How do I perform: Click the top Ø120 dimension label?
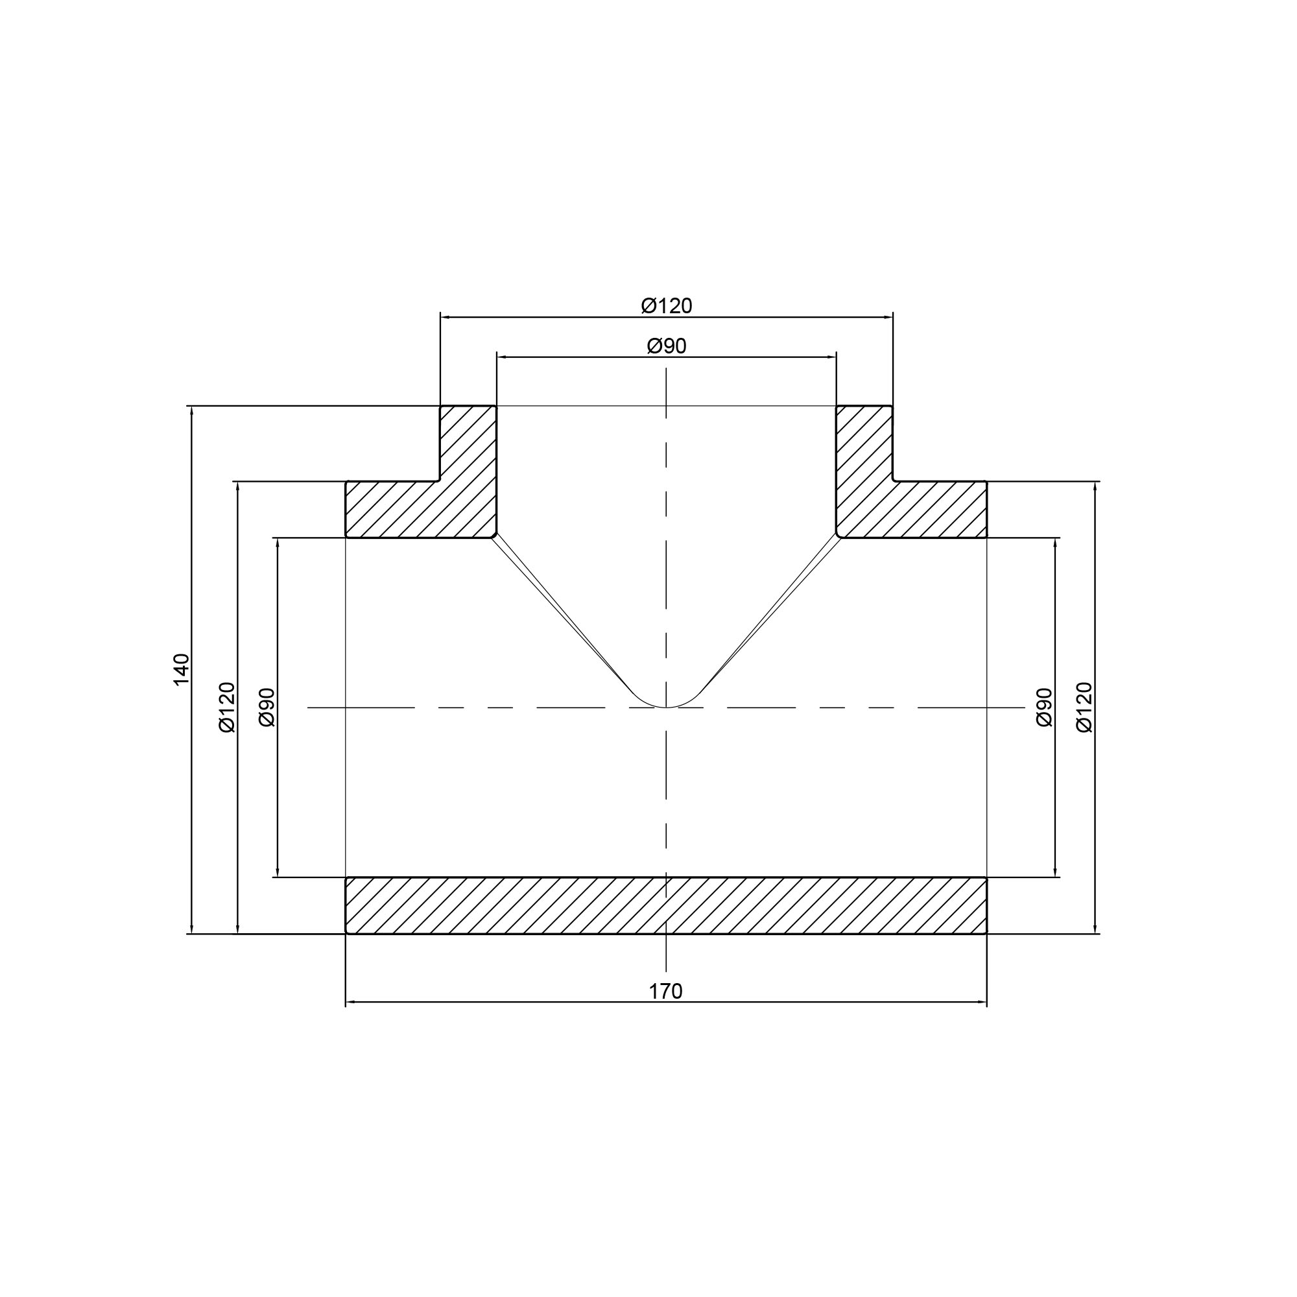tap(666, 306)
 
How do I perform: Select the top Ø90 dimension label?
tap(666, 346)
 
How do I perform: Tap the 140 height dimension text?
tap(182, 669)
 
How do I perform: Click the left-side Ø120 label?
tap(228, 707)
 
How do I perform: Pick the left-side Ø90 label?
tap(267, 707)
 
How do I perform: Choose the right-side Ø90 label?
tap(1044, 707)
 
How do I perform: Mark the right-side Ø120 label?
tap(1084, 707)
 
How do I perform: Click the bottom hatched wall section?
tap(666, 905)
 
